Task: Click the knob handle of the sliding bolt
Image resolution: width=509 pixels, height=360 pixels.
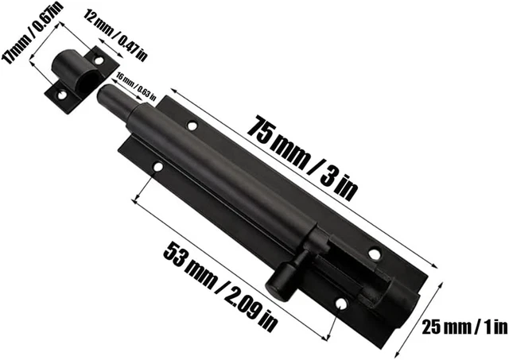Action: tap(281, 280)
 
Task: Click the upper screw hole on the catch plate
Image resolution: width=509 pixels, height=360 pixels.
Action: tap(99, 60)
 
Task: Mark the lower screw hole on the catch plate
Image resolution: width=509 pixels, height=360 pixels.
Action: tap(60, 94)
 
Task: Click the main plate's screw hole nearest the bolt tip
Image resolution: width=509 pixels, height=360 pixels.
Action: tap(192, 125)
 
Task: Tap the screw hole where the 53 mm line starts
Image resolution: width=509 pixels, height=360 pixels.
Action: tap(157, 168)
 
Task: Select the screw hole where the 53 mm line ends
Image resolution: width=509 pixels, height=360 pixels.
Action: tap(340, 303)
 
